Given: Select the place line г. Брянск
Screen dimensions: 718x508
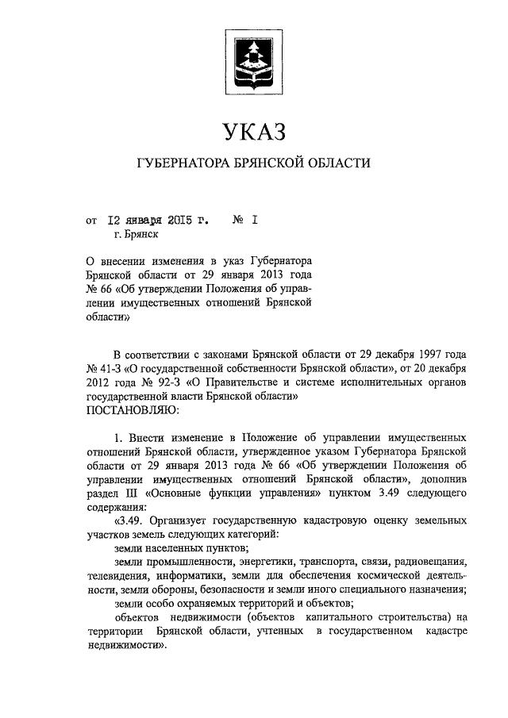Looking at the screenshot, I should pyautogui.click(x=136, y=235).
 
